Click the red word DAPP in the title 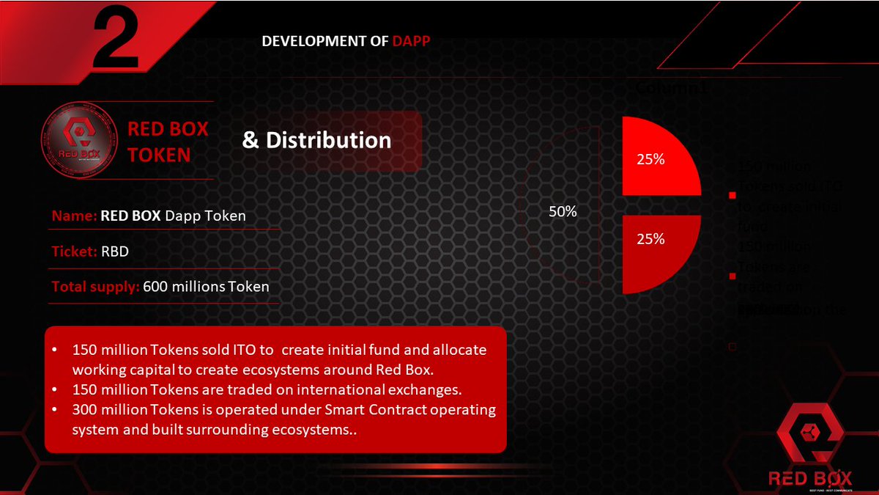click(x=411, y=41)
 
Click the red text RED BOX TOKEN click(x=167, y=142)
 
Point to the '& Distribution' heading click(x=316, y=140)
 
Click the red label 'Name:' click(x=74, y=216)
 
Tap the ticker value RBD click(x=115, y=251)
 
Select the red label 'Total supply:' click(x=95, y=287)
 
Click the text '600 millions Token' click(x=206, y=287)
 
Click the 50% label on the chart click(x=563, y=212)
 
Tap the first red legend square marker click(x=731, y=195)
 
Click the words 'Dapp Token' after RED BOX click(x=205, y=216)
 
